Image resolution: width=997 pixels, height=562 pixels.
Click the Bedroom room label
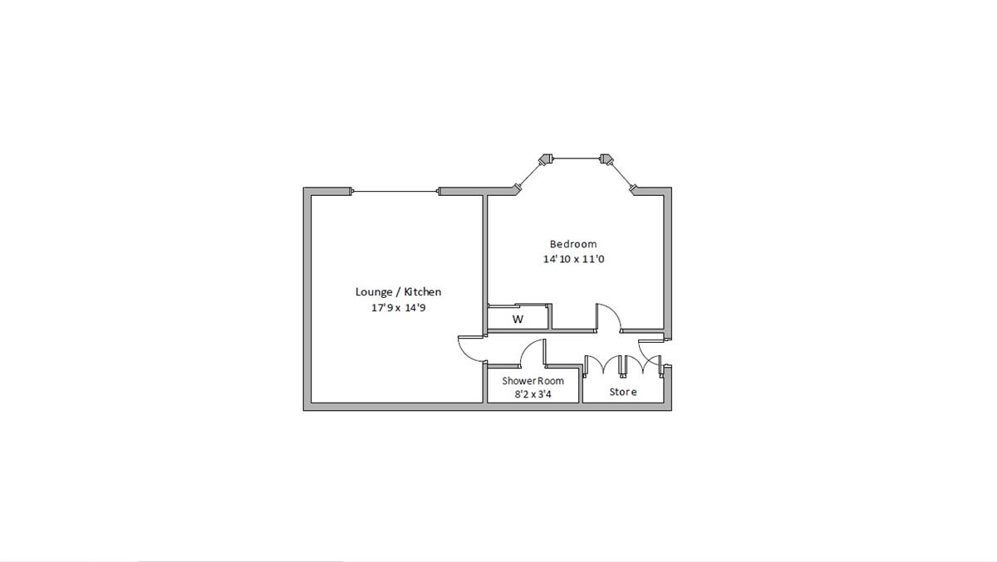[x=573, y=244]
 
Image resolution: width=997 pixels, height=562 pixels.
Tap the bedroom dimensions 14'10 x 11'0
[x=573, y=259]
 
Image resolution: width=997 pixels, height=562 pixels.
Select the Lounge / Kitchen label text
[x=398, y=291]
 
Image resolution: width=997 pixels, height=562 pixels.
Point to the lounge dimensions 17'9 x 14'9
[x=398, y=307]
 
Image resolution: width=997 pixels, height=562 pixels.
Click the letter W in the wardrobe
[x=518, y=320]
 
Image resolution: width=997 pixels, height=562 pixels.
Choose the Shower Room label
[x=533, y=380]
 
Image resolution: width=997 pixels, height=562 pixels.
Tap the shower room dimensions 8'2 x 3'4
[x=533, y=394]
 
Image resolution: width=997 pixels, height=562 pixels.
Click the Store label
[x=623, y=392]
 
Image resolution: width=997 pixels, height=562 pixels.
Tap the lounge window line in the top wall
[x=395, y=192]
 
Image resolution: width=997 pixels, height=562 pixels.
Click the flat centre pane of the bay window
[x=576, y=158]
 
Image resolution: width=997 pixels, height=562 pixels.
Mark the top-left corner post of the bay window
[x=546, y=158]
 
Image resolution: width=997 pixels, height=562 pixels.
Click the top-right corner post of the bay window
[x=607, y=158]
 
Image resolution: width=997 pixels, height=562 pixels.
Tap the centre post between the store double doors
[x=623, y=364]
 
